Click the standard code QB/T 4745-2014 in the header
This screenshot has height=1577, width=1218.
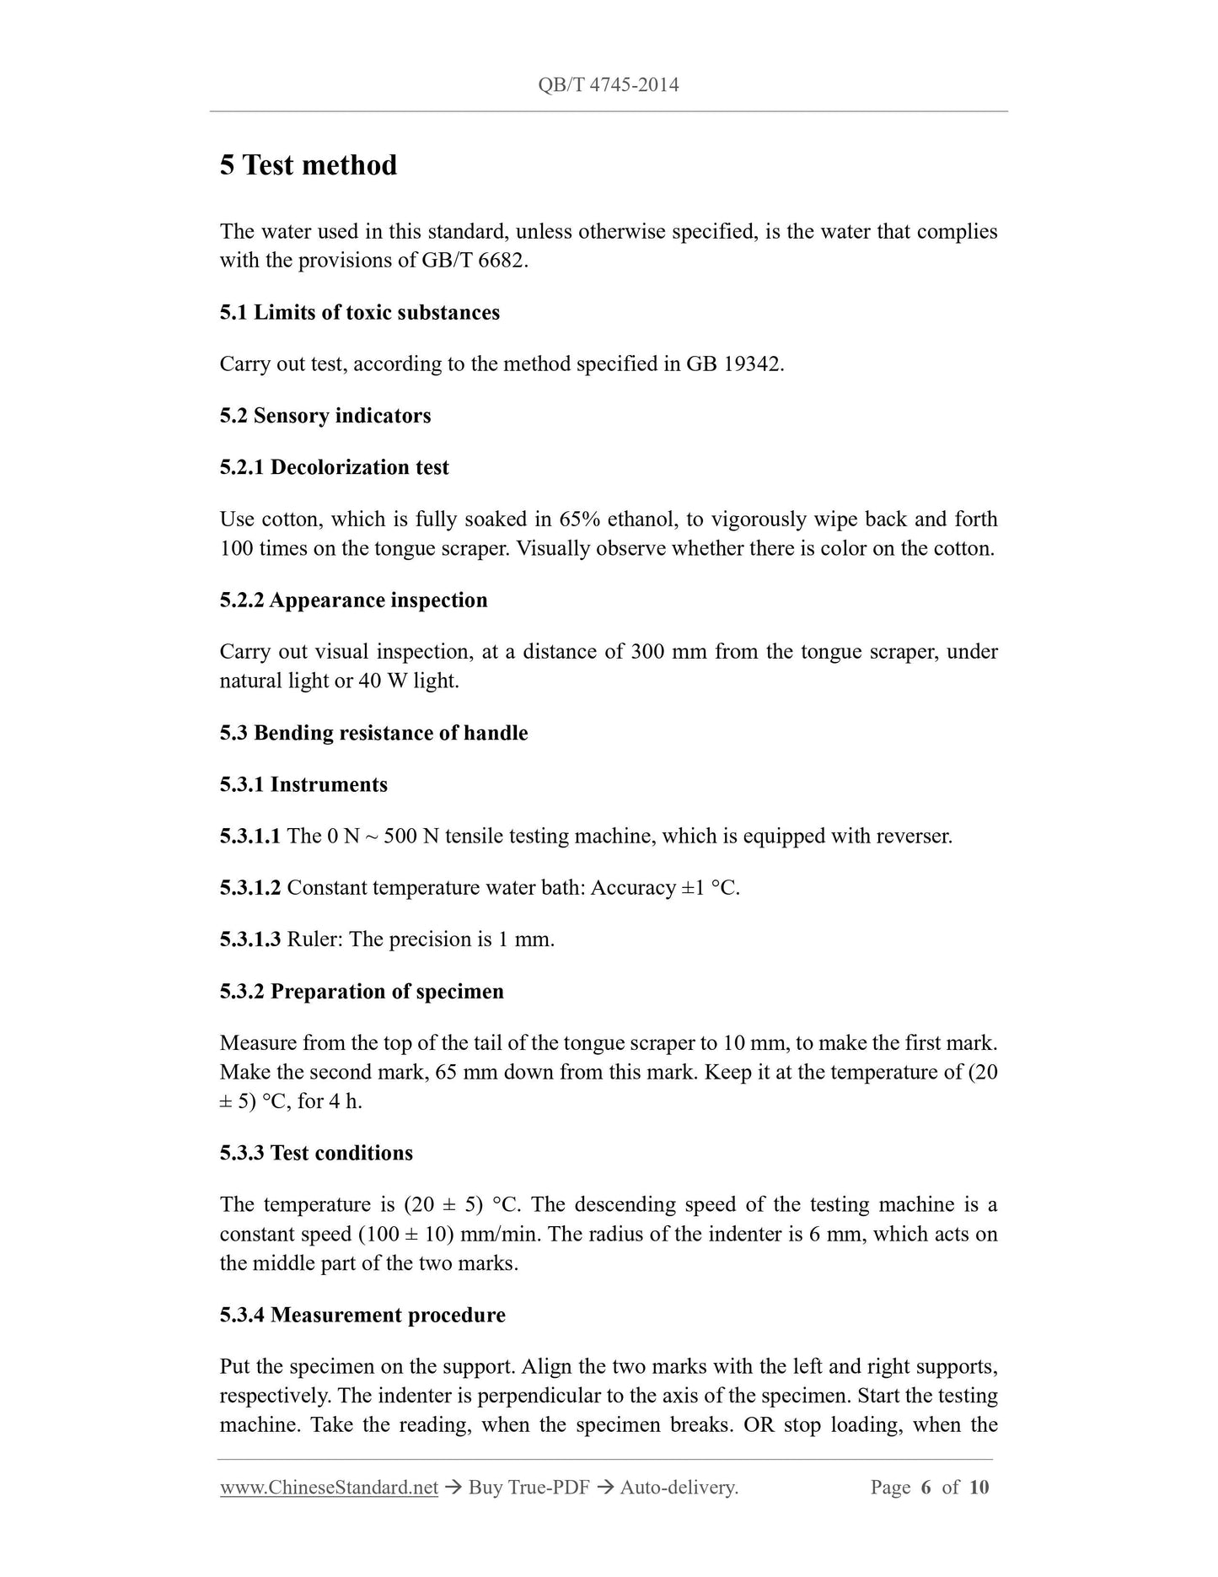click(608, 84)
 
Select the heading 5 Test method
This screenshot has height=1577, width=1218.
click(308, 164)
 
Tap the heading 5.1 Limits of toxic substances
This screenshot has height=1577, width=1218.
click(359, 312)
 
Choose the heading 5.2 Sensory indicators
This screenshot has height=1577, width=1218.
click(325, 416)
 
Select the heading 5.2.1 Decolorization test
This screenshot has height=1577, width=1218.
click(334, 467)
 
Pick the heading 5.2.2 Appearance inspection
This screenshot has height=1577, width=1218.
click(353, 600)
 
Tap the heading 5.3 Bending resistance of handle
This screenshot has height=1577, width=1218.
click(373, 733)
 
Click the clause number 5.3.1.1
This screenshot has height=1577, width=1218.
click(250, 837)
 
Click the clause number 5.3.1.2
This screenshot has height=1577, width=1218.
click(250, 888)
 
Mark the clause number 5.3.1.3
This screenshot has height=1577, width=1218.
click(250, 939)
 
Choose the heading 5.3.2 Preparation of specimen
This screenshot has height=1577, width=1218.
click(362, 991)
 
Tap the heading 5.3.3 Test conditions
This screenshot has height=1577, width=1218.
click(316, 1153)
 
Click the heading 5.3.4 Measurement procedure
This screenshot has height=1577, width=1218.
click(362, 1315)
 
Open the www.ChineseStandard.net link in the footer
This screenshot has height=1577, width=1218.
click(329, 1488)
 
